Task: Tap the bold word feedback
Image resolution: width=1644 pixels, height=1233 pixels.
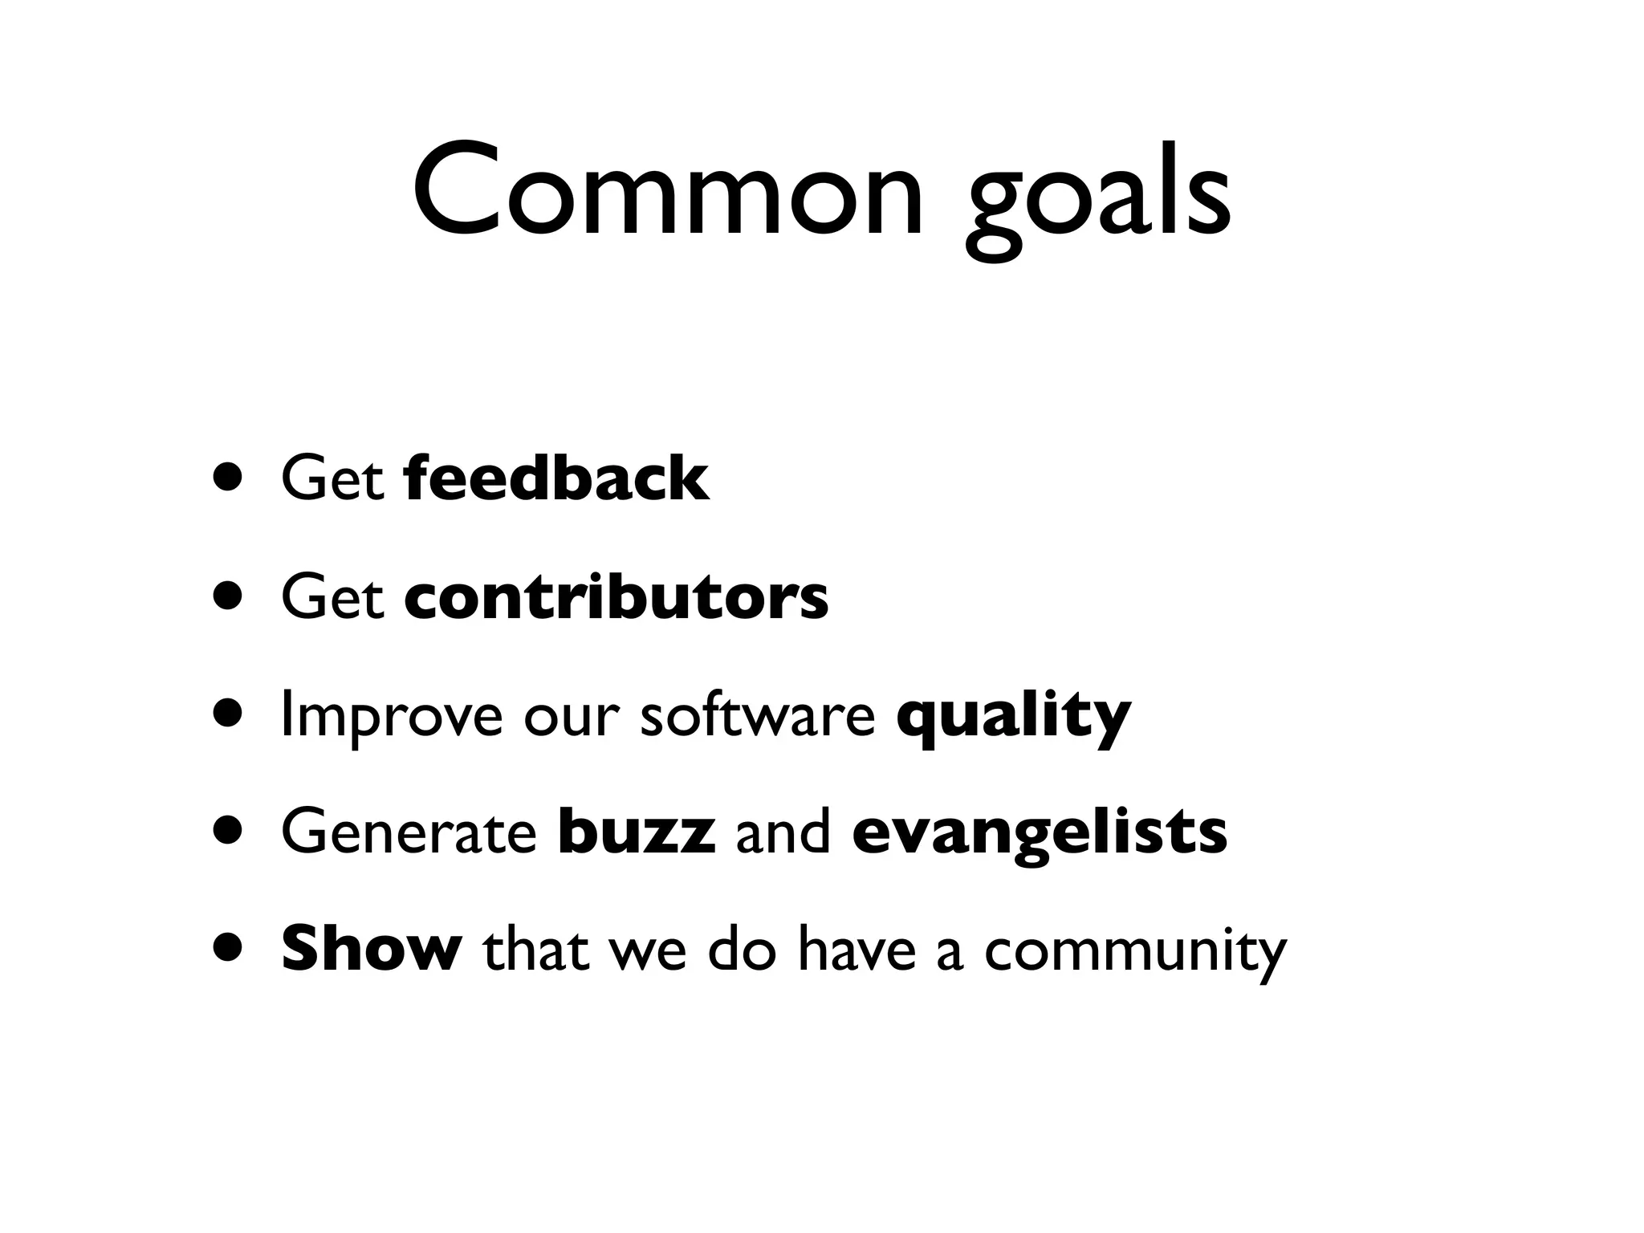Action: click(x=557, y=478)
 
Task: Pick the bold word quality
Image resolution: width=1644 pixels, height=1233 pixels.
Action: click(x=1013, y=717)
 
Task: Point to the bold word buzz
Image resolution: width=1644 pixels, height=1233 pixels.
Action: click(x=636, y=832)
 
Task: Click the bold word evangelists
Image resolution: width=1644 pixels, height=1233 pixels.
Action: click(x=1039, y=835)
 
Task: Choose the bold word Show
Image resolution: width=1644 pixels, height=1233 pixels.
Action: click(x=371, y=949)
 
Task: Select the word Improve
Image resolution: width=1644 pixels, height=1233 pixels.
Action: click(x=392, y=717)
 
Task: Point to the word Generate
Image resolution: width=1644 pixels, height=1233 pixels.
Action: click(x=409, y=832)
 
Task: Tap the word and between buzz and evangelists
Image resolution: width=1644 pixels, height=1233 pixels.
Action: click(x=783, y=832)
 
